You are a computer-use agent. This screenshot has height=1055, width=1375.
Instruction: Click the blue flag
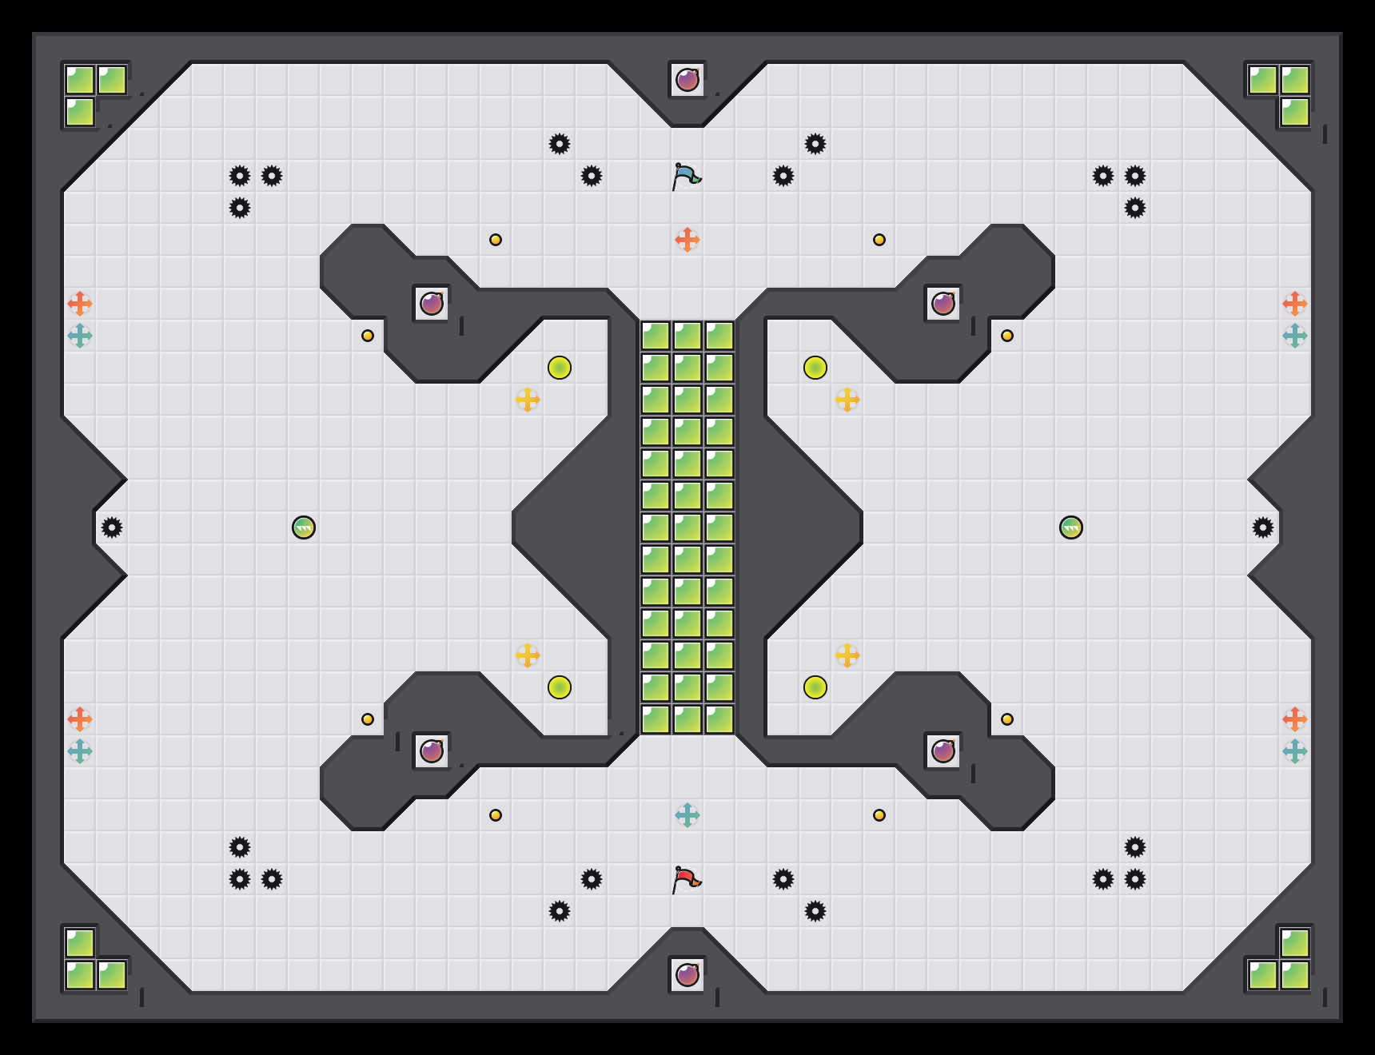686,176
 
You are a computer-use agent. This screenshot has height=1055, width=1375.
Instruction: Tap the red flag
686,879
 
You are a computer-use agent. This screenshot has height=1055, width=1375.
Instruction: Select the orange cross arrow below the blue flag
687,240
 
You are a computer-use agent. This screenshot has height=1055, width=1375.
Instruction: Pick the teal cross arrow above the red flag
687,815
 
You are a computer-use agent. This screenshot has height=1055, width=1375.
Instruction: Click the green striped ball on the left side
304,527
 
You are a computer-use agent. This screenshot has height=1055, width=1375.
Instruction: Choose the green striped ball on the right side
1071,527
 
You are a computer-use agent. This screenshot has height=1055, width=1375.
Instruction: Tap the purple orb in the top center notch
687,80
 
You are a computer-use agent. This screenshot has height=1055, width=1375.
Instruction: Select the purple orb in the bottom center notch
687,975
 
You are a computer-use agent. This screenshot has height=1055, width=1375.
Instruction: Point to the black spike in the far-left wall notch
112,527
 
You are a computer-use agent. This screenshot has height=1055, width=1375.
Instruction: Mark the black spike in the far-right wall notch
1263,527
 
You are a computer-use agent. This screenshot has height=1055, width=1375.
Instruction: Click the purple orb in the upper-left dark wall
432,304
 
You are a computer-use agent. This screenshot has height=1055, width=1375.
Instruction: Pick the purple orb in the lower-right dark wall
943,751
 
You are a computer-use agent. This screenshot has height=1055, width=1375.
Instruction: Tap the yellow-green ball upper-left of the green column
560,368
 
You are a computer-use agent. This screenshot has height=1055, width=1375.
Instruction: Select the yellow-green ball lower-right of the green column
815,687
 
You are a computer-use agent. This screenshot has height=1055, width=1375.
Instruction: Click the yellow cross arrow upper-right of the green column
847,400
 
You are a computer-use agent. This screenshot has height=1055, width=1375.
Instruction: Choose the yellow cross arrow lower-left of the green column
528,655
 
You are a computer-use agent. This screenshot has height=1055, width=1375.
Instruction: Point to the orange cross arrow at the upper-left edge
80,304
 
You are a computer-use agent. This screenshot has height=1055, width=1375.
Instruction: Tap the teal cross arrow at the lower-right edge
1295,751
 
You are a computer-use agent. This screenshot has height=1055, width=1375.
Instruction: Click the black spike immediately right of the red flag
783,879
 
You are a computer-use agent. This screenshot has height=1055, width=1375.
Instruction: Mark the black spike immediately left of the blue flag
592,176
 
